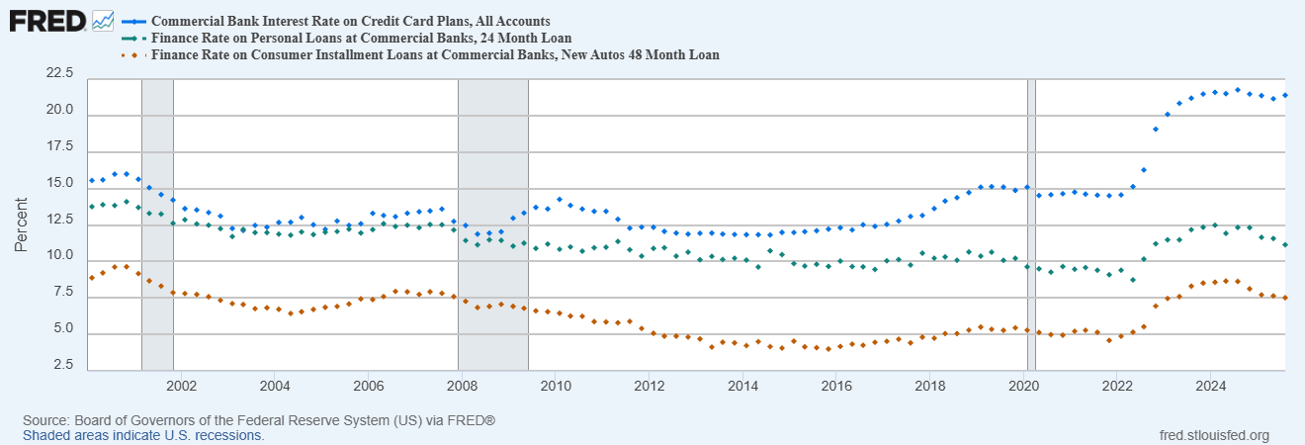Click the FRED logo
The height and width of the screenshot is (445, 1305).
click(47, 21)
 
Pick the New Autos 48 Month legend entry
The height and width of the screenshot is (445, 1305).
click(434, 55)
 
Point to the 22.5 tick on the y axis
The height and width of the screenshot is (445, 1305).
click(59, 73)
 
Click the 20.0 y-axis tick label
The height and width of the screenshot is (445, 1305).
click(59, 110)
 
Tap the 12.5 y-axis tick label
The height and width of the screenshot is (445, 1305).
click(59, 220)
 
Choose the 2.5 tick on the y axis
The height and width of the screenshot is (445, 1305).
click(63, 366)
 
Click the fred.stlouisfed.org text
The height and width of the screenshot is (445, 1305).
click(1213, 435)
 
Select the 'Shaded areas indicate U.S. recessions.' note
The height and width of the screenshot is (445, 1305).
click(143, 435)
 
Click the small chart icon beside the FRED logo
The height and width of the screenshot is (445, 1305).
click(103, 21)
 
